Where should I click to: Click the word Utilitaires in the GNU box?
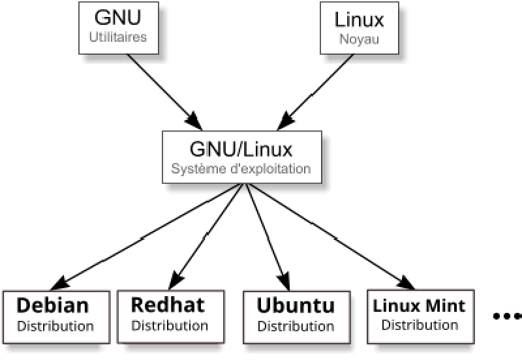click(x=117, y=37)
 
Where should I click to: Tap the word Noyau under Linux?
click(x=359, y=38)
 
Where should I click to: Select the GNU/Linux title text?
click(x=241, y=149)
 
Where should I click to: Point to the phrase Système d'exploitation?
click(x=241, y=169)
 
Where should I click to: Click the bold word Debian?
click(x=52, y=305)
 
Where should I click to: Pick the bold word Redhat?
click(x=168, y=305)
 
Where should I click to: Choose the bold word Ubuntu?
click(x=295, y=305)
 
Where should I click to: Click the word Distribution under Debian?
click(x=55, y=325)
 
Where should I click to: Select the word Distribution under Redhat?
click(x=170, y=325)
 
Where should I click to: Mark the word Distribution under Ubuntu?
click(x=296, y=325)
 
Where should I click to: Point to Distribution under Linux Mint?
click(x=420, y=324)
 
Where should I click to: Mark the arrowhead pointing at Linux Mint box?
click(x=406, y=282)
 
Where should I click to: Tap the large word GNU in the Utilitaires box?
click(x=117, y=18)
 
